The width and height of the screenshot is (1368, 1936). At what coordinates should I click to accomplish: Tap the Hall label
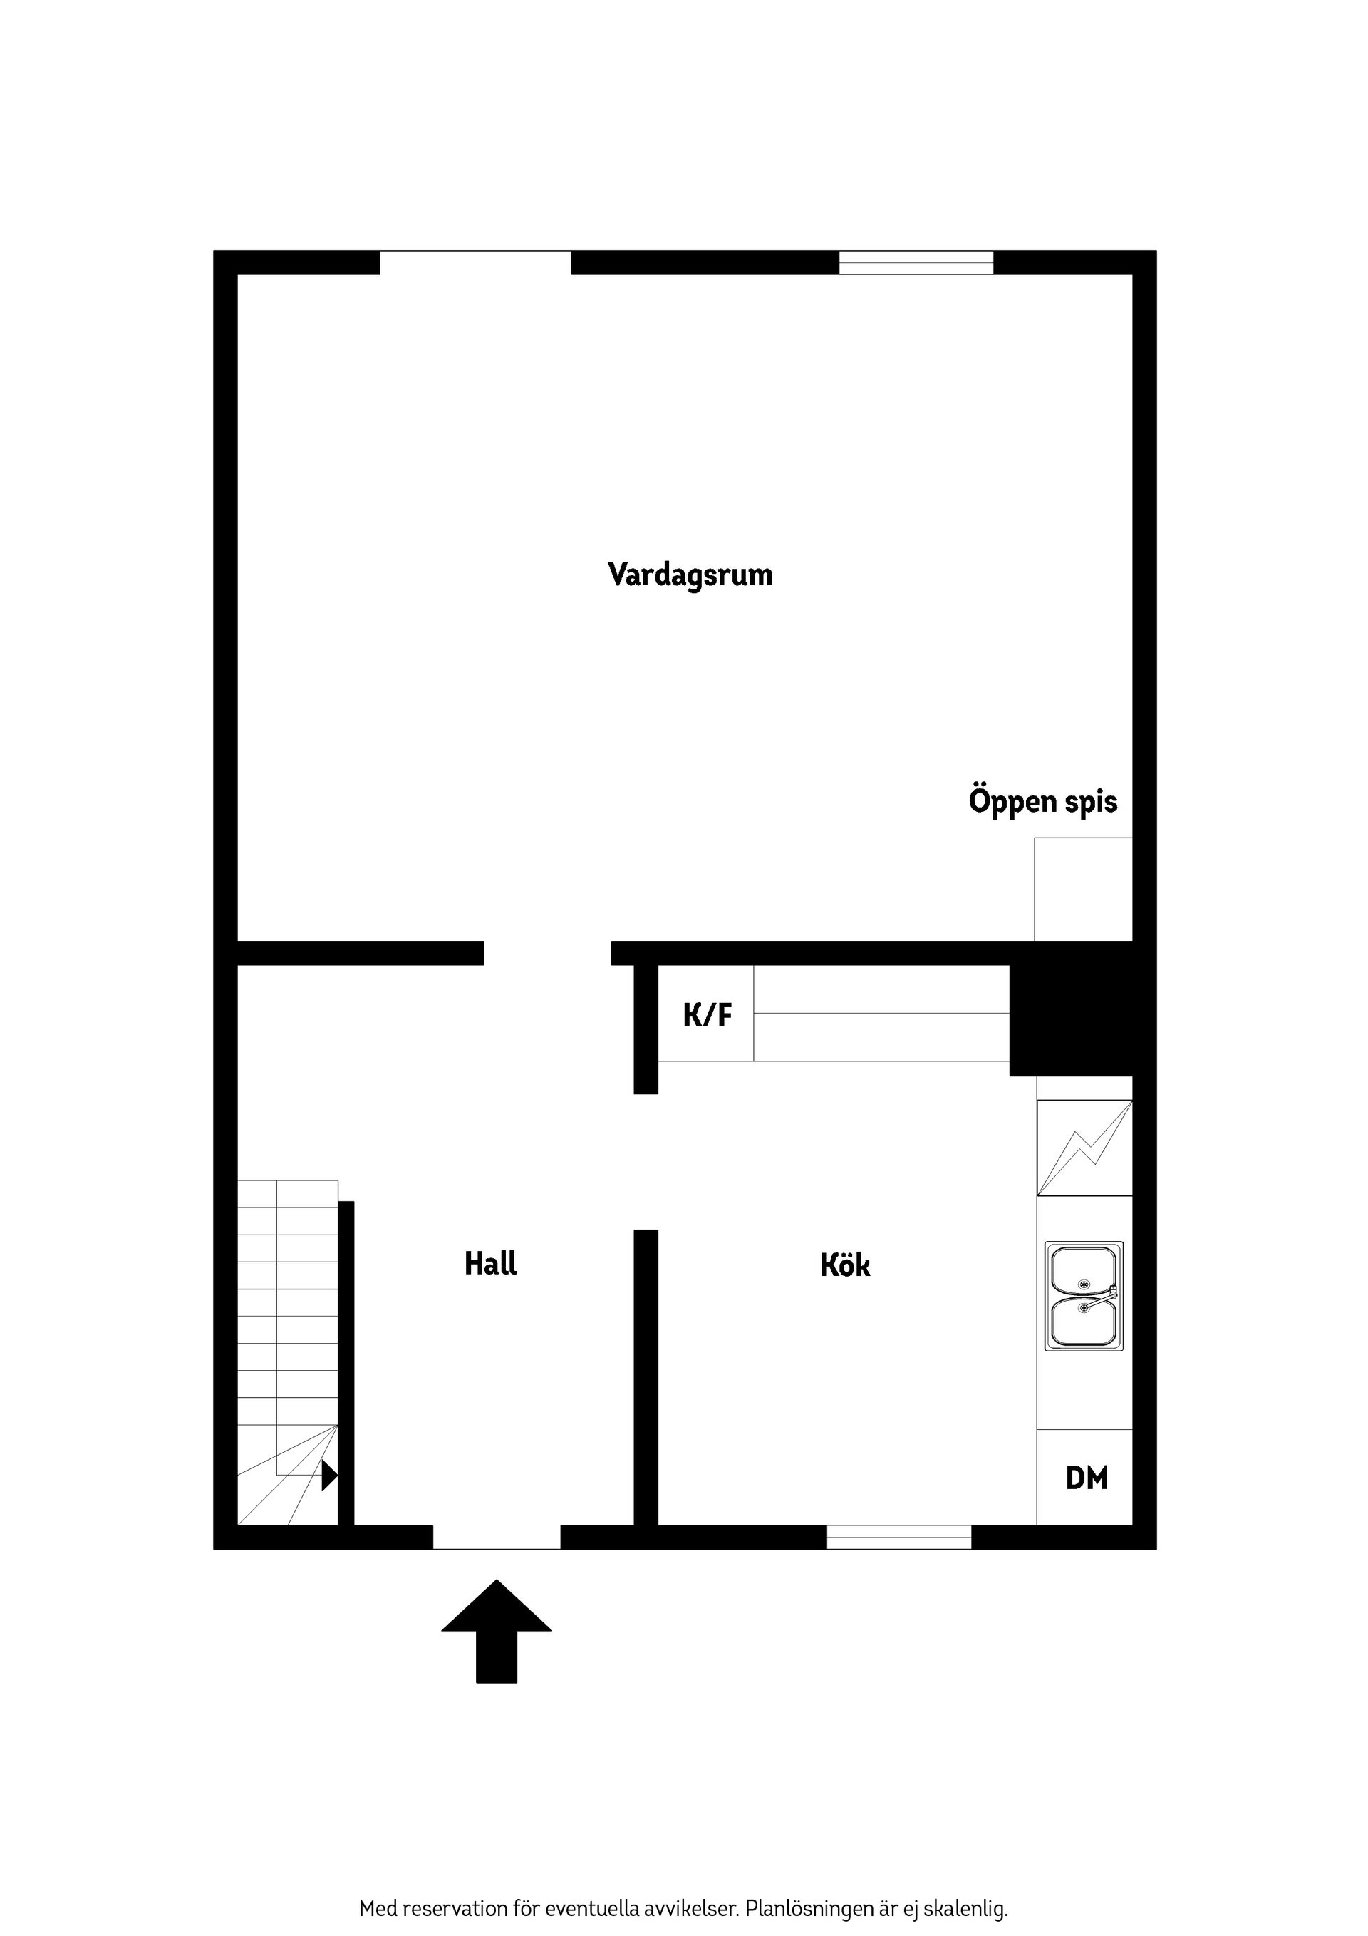[x=491, y=1263]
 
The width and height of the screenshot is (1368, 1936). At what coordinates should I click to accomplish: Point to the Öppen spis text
[x=1042, y=801]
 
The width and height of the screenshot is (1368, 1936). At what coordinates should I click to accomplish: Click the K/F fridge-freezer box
[x=706, y=1014]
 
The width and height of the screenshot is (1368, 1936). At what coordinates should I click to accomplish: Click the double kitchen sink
[x=1084, y=1295]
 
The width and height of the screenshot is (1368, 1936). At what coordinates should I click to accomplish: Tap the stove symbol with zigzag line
[x=1084, y=1148]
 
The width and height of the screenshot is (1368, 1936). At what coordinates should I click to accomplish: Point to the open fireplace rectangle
[x=1083, y=889]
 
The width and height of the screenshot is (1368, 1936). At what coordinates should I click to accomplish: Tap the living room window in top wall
[x=916, y=263]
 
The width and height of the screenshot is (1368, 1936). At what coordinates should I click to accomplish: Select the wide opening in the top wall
[x=475, y=263]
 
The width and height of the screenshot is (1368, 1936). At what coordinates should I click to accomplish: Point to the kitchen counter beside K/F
[x=881, y=1014]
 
